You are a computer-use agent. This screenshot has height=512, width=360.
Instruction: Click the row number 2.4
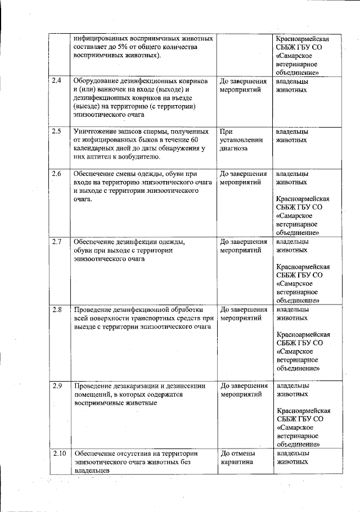click(56, 81)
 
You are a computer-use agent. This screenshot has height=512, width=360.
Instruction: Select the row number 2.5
click(56, 132)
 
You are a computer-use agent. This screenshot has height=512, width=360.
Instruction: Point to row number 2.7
click(56, 241)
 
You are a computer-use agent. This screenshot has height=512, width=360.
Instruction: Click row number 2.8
click(56, 309)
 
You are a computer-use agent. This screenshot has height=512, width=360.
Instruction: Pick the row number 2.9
click(56, 386)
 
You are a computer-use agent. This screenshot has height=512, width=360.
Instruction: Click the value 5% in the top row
click(125, 48)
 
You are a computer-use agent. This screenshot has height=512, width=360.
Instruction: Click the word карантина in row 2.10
click(237, 462)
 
